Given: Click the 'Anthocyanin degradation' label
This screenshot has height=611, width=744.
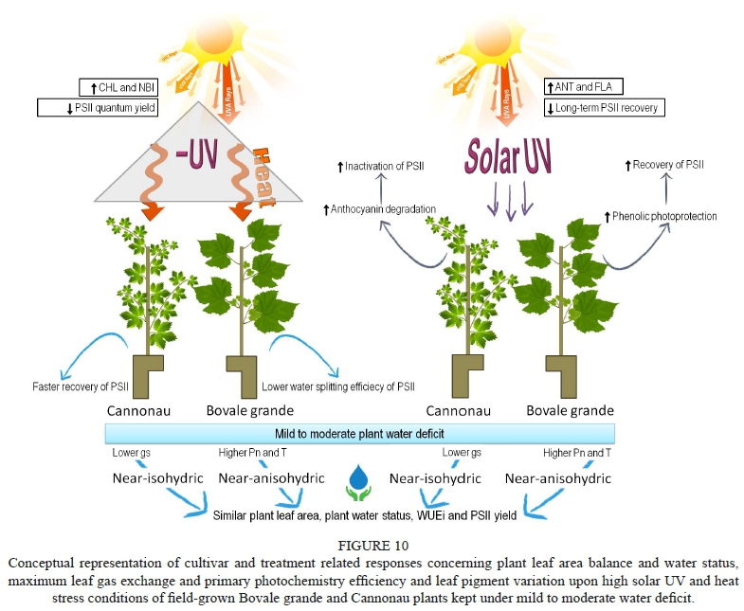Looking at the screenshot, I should tap(378, 208).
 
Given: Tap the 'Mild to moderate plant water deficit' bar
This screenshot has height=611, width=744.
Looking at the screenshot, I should tap(360, 433).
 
